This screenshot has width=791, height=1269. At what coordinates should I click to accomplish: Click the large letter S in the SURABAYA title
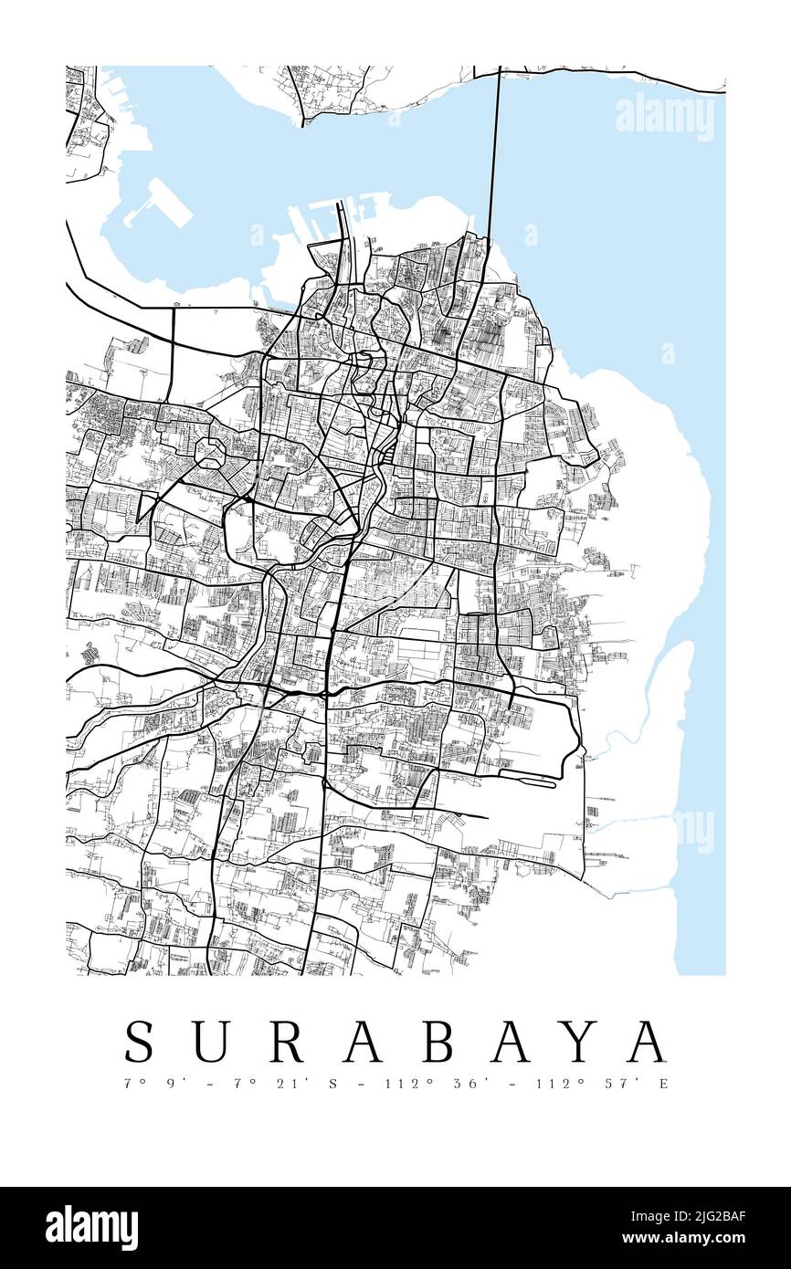point(140,1042)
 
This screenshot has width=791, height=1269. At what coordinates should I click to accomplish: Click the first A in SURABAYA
point(363,1042)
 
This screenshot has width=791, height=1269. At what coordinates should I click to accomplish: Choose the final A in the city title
point(649,1042)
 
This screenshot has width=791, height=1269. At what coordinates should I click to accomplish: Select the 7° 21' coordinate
point(260,1085)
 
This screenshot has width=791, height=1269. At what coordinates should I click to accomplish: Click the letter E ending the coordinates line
point(664,1085)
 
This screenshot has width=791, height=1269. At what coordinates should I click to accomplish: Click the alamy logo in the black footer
point(92,1228)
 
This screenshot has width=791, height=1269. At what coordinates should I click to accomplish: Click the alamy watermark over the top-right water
point(665,117)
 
